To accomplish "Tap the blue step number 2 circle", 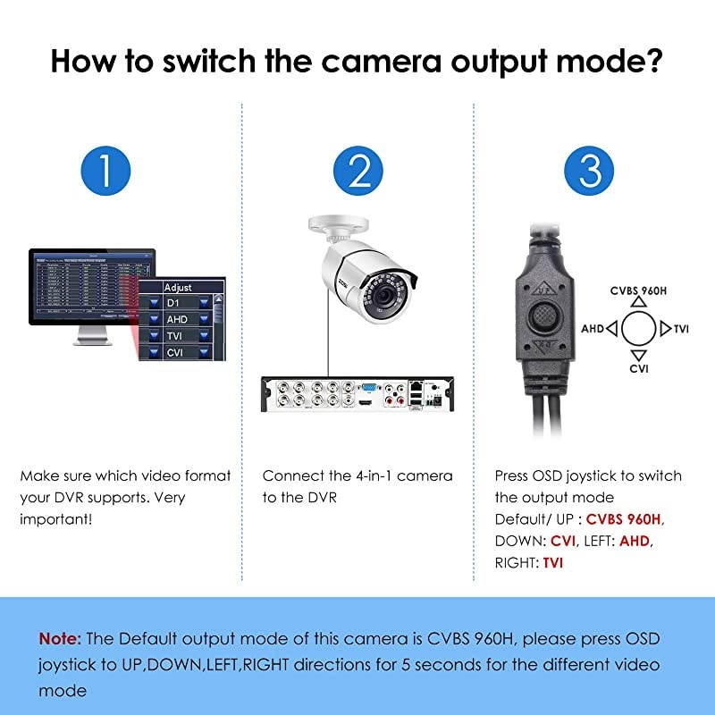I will tap(357, 170).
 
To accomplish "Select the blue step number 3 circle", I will tap(589, 170).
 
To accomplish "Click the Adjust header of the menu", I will tap(178, 288).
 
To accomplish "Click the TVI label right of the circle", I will tap(681, 329).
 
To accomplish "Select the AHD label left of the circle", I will tap(593, 329).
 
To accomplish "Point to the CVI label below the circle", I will tap(639, 368).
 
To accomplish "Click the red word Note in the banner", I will tap(59, 638).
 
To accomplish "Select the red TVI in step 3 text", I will tap(553, 562).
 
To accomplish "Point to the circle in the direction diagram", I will tap(639, 329).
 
